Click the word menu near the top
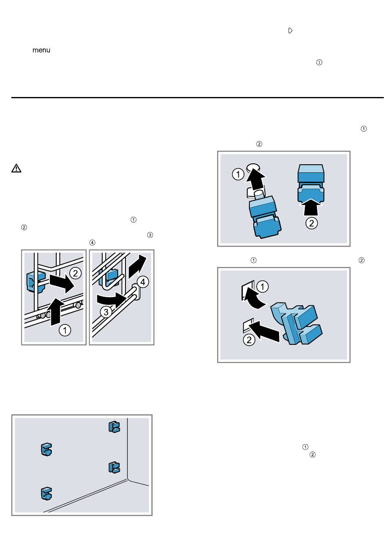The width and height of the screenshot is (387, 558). (41, 50)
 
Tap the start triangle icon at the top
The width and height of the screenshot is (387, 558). (290, 31)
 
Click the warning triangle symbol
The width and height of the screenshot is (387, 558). (16, 168)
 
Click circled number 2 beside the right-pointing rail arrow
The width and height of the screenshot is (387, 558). (75, 273)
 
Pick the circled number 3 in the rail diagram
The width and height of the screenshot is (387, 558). (106, 312)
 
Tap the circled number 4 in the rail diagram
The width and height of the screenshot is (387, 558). (143, 282)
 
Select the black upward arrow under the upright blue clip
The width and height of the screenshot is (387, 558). (311, 206)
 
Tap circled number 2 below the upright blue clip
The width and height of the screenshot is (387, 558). (311, 223)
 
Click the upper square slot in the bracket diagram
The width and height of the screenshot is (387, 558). (248, 290)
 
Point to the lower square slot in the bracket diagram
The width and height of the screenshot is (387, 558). (248, 325)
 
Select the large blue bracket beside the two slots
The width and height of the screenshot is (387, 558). (296, 323)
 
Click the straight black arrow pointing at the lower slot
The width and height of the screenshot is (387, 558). (266, 330)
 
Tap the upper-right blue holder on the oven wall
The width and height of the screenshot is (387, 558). (114, 426)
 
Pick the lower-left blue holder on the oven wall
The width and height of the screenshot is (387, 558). (46, 494)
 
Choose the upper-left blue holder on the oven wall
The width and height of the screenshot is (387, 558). (46, 450)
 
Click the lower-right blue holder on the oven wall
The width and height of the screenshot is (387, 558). (114, 468)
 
